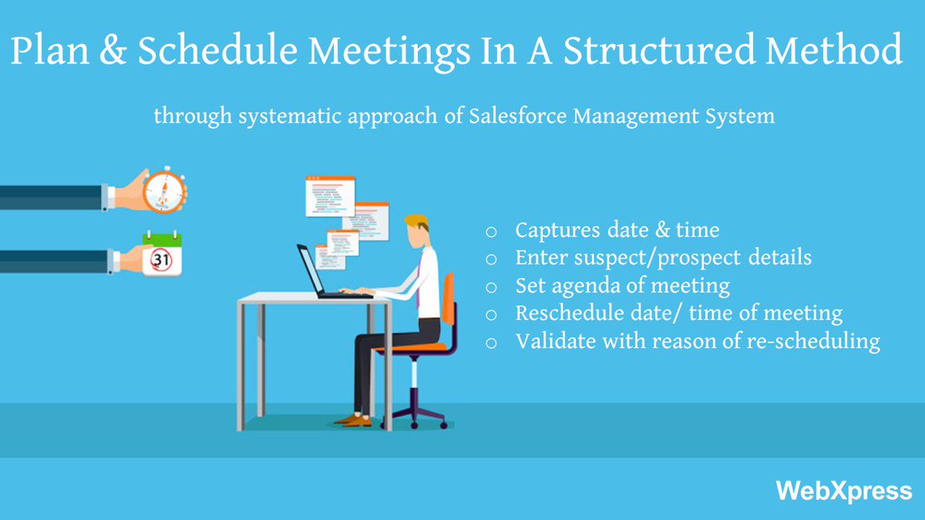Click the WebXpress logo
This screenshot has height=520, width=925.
pyautogui.click(x=843, y=491)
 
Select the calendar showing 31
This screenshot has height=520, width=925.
pyautogui.click(x=162, y=257)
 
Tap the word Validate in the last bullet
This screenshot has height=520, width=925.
pyautogui.click(x=551, y=341)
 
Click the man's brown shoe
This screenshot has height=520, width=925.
pyautogui.click(x=355, y=420)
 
